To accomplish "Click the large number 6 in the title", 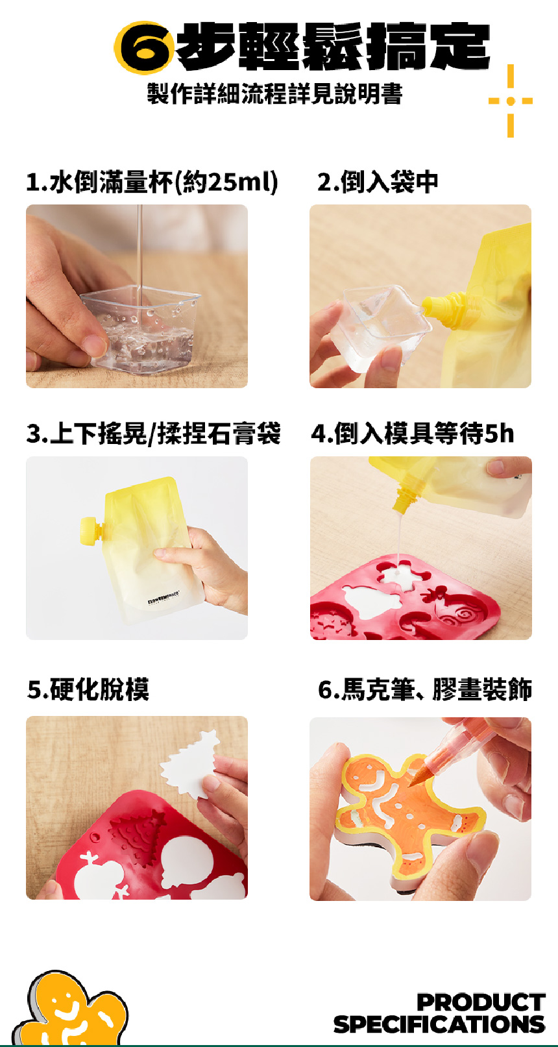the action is point(144,48).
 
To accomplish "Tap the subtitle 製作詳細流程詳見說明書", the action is point(275,93).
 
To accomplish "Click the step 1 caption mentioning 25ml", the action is point(152,182).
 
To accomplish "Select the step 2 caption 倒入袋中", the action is point(378,182).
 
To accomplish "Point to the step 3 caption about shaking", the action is point(153,434).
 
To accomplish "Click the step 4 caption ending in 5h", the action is point(413,434).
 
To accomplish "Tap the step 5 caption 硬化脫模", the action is point(88,689).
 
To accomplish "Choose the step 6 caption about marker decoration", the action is point(425,689).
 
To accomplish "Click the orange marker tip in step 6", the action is point(417,776).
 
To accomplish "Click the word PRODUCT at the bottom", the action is point(481,1003).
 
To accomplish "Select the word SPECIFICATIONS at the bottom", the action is point(439,1024).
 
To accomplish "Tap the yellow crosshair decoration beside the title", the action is point(511,101).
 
